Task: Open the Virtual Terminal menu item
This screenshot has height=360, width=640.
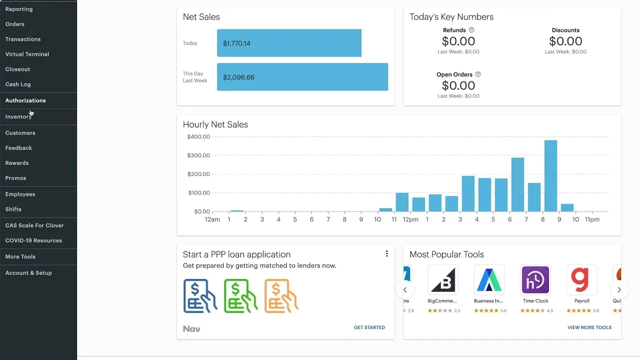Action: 27,54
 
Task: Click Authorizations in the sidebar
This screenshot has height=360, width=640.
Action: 25,100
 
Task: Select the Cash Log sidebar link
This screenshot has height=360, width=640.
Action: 18,84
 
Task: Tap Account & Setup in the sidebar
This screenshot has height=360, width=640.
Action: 28,273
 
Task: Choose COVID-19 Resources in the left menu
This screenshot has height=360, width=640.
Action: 33,240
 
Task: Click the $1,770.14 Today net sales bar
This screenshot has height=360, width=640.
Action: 289,43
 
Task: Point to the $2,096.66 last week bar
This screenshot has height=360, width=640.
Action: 302,77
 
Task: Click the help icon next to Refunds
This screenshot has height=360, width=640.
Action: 471,30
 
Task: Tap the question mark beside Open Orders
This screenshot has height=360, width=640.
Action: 478,74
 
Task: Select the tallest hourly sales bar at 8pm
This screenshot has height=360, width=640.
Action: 550,176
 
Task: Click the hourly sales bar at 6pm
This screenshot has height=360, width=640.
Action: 517,184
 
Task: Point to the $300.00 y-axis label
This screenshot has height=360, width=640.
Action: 198,155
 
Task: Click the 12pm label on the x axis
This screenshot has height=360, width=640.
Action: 410,219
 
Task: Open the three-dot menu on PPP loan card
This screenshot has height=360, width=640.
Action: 386,253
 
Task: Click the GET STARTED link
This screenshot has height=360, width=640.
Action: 369,327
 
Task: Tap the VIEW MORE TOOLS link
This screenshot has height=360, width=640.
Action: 589,327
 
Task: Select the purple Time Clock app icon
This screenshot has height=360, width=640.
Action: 535,280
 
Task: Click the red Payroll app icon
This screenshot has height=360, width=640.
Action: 581,280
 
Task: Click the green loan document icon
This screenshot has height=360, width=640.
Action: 240,296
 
